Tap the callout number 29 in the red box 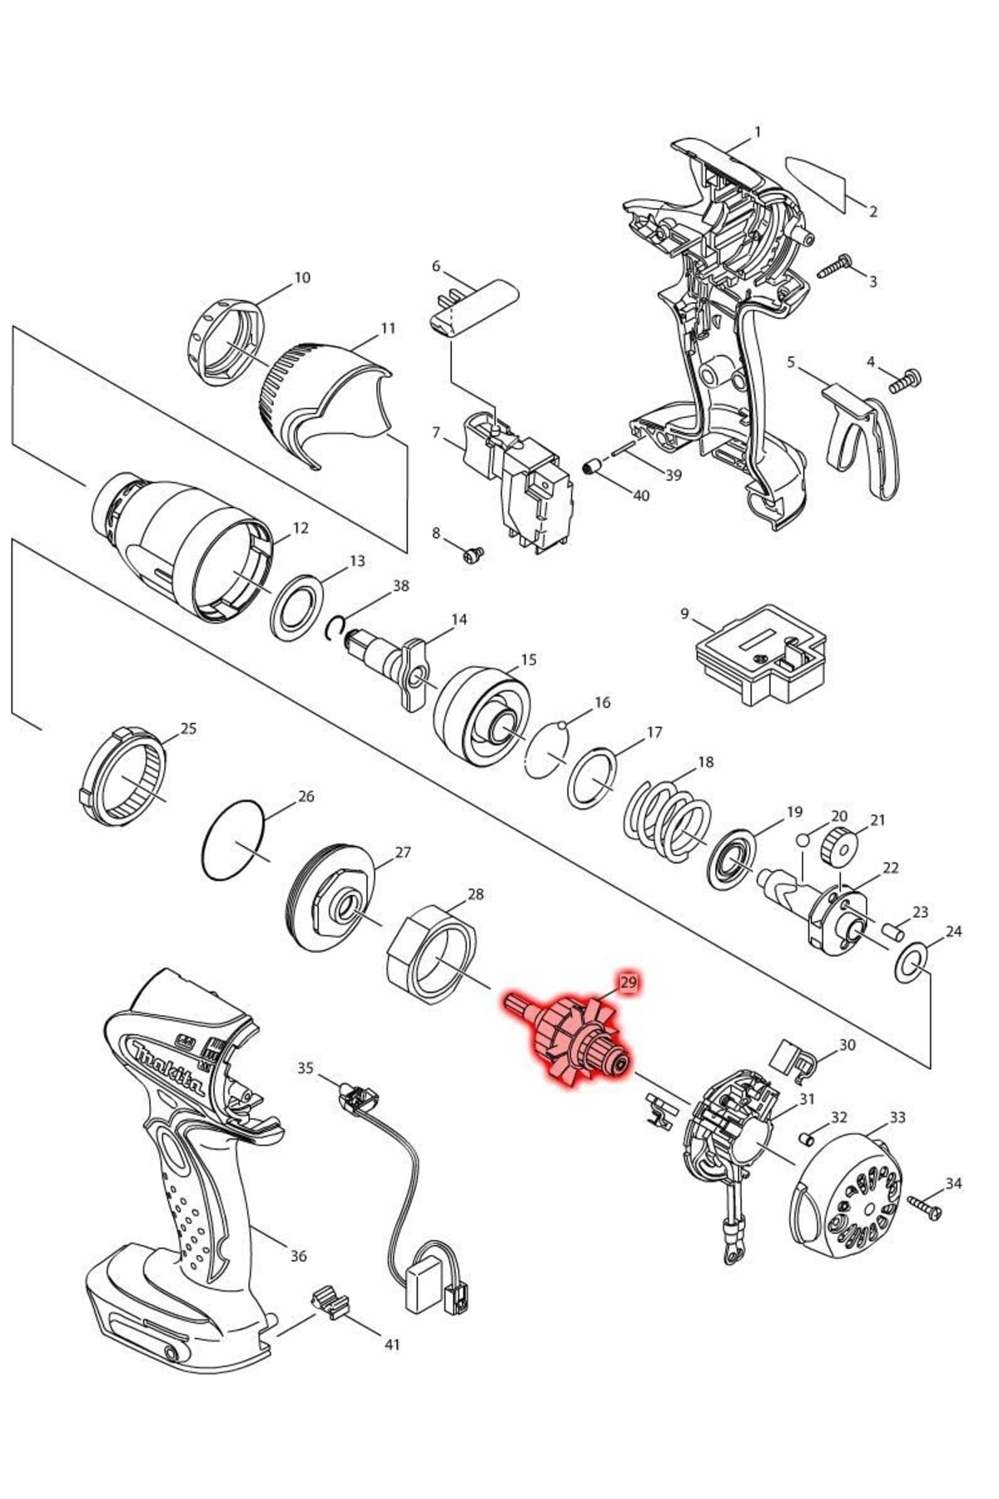[x=629, y=983]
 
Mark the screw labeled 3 [x=836, y=268]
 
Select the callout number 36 [x=298, y=1256]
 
